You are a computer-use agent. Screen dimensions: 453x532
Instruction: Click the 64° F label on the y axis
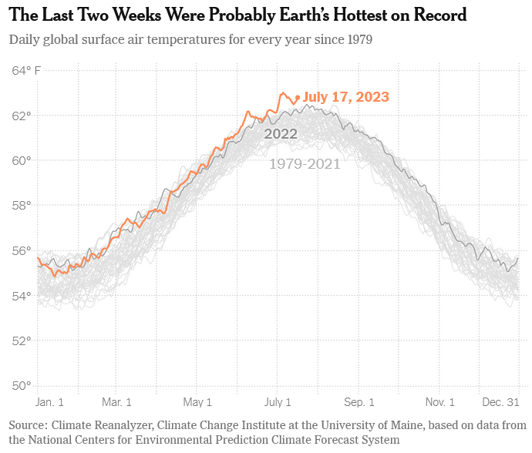tap(26, 71)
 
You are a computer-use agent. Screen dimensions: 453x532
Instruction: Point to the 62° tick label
tap(21, 116)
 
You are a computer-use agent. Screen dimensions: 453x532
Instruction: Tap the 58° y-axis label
tap(21, 206)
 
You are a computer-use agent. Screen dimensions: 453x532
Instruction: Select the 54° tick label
tap(21, 296)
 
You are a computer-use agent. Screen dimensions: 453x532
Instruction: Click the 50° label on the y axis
tap(21, 385)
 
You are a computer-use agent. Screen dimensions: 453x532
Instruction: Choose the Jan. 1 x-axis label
tap(50, 402)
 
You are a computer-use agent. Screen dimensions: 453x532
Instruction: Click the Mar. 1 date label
tap(116, 402)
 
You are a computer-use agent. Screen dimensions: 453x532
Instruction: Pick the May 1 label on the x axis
tap(197, 402)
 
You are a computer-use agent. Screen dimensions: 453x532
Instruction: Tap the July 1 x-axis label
tap(278, 402)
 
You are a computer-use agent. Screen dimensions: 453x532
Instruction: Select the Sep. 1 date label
tap(359, 402)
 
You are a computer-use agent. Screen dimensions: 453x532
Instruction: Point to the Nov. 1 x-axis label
tap(440, 402)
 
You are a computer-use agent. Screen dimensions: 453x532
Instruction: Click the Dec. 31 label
tap(502, 402)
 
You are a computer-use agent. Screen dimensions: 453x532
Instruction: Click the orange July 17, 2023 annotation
tap(345, 97)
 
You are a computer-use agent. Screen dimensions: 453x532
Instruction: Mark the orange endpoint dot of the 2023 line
tap(298, 97)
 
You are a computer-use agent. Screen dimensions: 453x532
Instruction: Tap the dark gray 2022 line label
tap(281, 134)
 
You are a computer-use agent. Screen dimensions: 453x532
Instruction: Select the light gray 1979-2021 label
tap(305, 163)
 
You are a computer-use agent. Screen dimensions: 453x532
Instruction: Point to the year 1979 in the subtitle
tap(358, 39)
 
